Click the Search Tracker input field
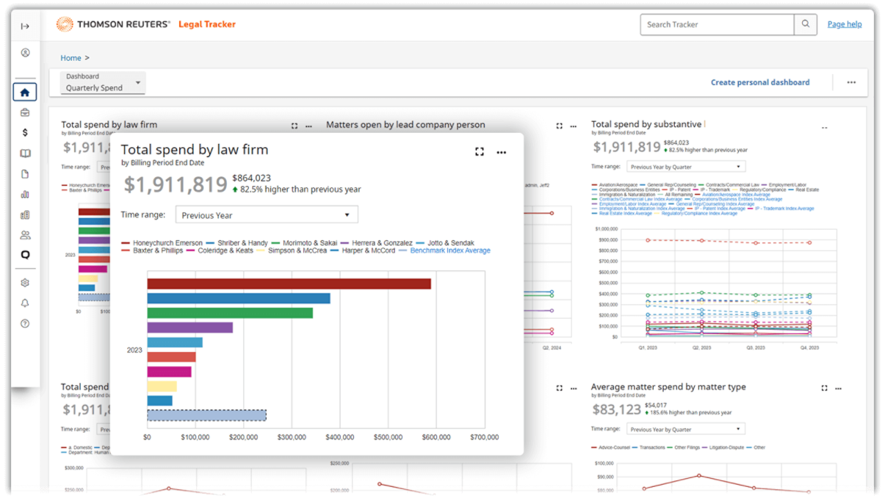(x=716, y=24)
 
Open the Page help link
(x=844, y=24)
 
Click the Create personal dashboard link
(x=760, y=82)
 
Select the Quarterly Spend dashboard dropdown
(x=103, y=83)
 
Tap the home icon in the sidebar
(x=25, y=92)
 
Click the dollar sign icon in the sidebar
(x=25, y=132)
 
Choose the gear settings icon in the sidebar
(x=25, y=283)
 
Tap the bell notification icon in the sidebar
(x=25, y=303)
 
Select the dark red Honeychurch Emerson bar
(x=289, y=284)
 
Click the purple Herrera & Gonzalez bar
(x=189, y=327)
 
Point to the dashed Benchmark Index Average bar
(x=207, y=415)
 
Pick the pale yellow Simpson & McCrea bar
(x=162, y=386)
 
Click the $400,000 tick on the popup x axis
(x=339, y=437)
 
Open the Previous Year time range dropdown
(x=266, y=215)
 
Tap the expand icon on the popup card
(x=479, y=152)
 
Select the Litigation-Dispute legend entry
(x=723, y=448)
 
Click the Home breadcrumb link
(x=71, y=58)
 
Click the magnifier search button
(x=805, y=24)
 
